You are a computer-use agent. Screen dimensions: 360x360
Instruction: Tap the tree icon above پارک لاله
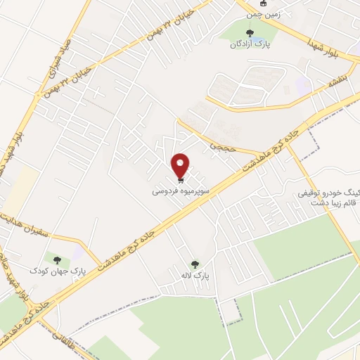pos(194,264)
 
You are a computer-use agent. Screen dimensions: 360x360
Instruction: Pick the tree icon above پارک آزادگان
pos(247,32)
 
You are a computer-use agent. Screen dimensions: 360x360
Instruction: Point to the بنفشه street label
pos(338,84)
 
